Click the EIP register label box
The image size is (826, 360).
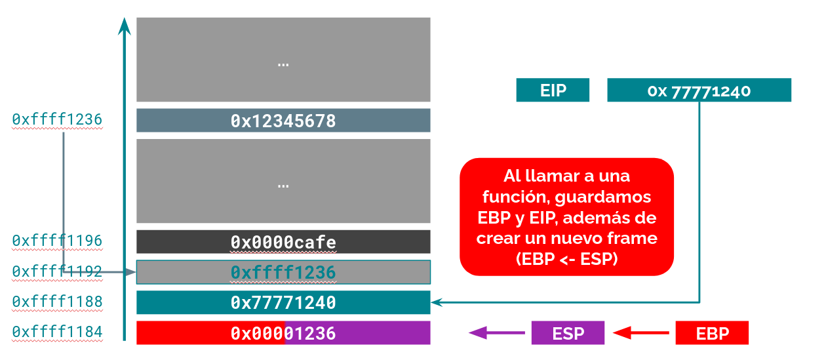(x=553, y=90)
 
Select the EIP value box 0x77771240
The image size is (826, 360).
(x=699, y=90)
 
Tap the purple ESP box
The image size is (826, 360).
(x=568, y=333)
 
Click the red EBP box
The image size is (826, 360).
(x=712, y=333)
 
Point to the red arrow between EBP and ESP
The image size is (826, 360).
(x=641, y=333)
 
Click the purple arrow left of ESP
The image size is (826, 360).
(x=497, y=333)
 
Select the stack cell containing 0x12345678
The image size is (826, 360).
(x=283, y=121)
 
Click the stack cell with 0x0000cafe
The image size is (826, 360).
(x=283, y=242)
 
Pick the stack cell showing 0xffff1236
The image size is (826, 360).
(x=283, y=272)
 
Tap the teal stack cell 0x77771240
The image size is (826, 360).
(x=283, y=302)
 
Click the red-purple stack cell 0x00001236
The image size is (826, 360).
(x=283, y=333)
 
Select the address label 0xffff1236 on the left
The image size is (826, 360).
(x=57, y=119)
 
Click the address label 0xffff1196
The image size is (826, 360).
(x=57, y=241)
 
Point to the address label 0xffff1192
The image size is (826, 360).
(x=57, y=271)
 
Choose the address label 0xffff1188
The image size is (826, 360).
(x=57, y=302)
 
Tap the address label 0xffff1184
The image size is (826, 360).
(x=57, y=332)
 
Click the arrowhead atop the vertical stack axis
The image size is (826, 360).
(x=124, y=26)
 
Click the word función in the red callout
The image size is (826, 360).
(x=511, y=197)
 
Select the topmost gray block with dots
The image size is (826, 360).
(x=283, y=60)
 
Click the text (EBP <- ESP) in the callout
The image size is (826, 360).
(x=566, y=259)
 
